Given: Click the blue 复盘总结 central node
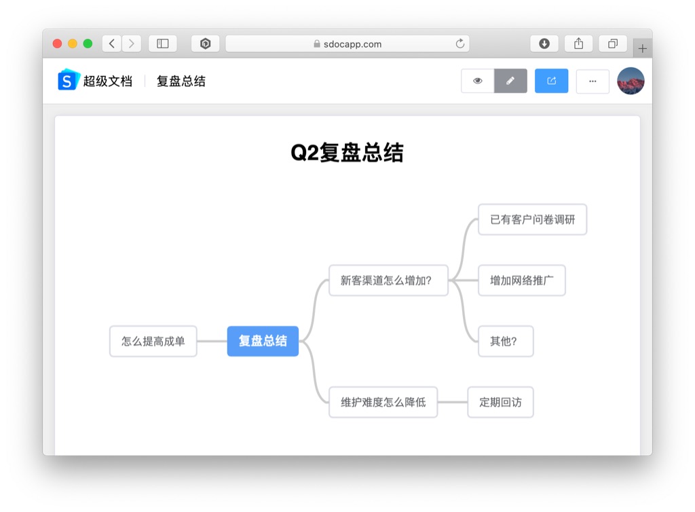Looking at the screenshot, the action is (263, 341).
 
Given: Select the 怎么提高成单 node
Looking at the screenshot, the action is (153, 342).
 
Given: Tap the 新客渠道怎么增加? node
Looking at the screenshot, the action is (388, 280).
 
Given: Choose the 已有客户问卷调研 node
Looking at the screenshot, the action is (532, 219).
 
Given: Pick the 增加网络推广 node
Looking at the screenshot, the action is (522, 280).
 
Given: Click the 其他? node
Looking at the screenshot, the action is (506, 342).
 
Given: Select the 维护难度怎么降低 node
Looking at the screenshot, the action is (383, 402).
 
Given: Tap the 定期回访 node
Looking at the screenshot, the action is (500, 402).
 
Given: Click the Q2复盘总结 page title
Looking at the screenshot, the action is (347, 153).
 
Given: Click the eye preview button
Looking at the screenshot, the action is (477, 81).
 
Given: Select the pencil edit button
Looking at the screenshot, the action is (510, 81).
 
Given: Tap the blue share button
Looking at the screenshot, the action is (551, 81).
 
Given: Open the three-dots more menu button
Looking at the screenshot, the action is (593, 81).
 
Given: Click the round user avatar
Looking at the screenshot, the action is (631, 81).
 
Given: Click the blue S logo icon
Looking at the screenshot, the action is (69, 80).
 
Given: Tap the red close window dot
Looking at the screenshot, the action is (57, 43).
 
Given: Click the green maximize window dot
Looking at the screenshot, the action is (88, 43).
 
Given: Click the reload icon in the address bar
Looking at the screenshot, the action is (460, 43).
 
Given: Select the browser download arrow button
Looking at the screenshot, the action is (544, 43).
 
